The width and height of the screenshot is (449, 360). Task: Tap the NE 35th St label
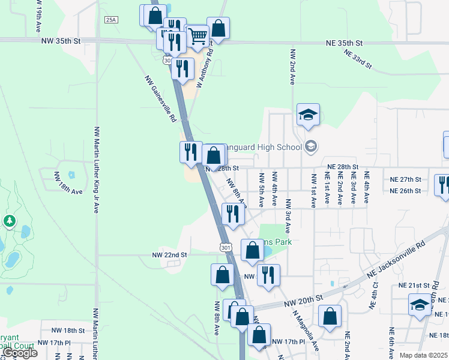[345, 43]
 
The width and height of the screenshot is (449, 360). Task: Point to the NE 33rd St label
[358, 59]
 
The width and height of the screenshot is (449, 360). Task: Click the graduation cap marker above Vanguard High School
[308, 115]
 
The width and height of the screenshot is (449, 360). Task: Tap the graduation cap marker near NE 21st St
[420, 305]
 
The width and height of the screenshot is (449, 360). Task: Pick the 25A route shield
[111, 20]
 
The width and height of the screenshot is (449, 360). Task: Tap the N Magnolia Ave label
[306, 331]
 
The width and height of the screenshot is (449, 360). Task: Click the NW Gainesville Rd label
[160, 99]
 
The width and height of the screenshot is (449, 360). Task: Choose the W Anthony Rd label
[206, 69]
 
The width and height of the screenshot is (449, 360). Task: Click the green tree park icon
[9, 221]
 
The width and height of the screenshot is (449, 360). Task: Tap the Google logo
[19, 353]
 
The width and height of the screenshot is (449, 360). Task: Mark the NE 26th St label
[406, 191]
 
